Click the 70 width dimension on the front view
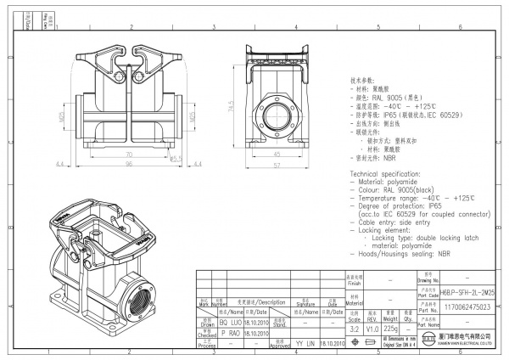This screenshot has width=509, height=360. [128, 155]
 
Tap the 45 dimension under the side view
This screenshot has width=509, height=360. [277, 155]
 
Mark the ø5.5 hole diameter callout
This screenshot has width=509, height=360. [176, 158]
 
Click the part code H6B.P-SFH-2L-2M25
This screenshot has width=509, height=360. [468, 290]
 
